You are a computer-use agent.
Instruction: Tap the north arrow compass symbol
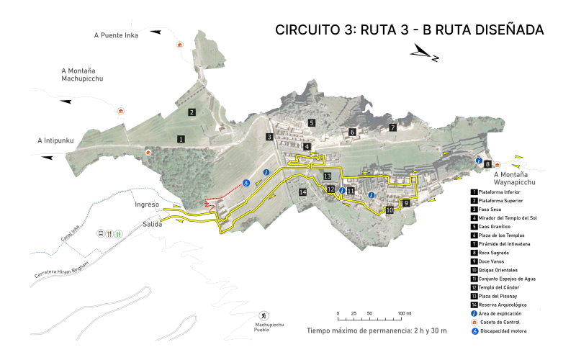point(424,53)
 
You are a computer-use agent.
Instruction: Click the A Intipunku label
point(56,140)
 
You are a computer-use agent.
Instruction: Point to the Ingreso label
point(146,205)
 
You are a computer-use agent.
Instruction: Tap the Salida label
point(152,225)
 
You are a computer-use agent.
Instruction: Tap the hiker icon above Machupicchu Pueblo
point(264,316)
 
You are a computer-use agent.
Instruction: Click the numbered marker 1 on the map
point(181,138)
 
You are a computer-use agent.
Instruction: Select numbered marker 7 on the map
point(393,127)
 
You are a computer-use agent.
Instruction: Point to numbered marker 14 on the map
point(303,192)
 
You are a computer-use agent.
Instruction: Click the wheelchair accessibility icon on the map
point(246,184)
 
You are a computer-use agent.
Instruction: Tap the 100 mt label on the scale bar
point(405,314)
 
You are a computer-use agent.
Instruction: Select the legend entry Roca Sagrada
point(492,252)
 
